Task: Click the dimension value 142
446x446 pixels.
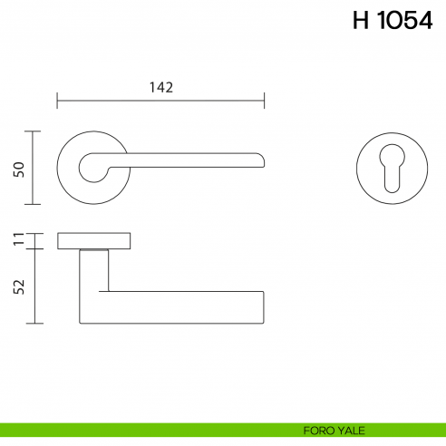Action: (x=160, y=87)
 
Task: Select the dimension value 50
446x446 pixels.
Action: (x=20, y=169)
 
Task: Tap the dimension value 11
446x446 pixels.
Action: (x=20, y=240)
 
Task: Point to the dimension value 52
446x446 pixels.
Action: (x=20, y=286)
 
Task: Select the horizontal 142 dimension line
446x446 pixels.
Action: (x=109, y=99)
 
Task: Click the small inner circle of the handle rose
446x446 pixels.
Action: (x=91, y=166)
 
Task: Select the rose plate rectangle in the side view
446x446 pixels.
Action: (x=94, y=240)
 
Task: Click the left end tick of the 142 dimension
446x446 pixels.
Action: (x=57, y=99)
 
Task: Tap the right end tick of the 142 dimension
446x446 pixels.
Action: (x=264, y=99)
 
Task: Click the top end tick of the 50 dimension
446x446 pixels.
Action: (x=34, y=131)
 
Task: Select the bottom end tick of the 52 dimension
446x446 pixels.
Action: (x=34, y=324)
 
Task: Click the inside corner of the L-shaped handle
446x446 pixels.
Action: (x=108, y=292)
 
